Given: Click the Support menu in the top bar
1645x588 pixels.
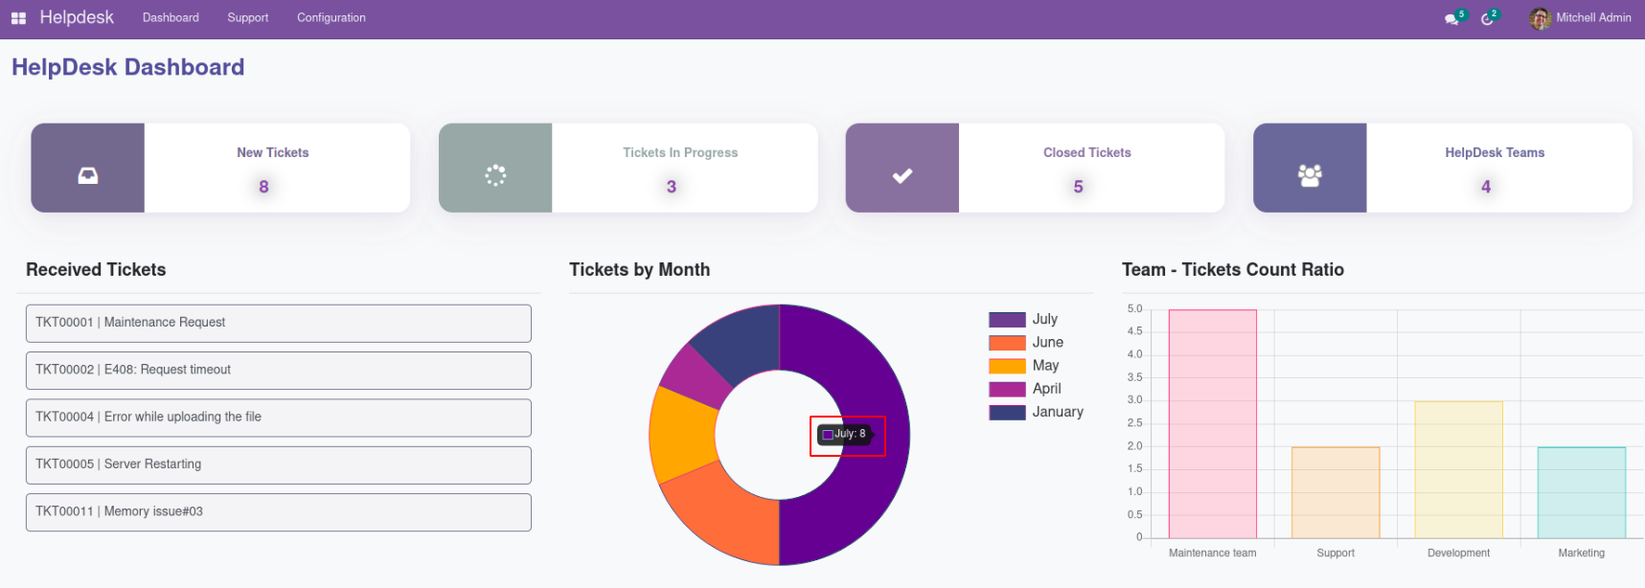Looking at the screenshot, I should coord(247,17).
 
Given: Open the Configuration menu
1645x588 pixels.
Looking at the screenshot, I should coord(331,17).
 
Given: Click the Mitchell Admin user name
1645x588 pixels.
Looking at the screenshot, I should coord(1592,17).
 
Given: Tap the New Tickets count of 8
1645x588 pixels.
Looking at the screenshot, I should coord(263,187).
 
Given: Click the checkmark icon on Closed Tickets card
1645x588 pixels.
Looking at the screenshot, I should coord(902,176).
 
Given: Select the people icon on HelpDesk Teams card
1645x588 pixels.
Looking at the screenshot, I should coord(1309,175).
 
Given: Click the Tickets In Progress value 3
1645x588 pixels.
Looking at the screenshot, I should coord(671,187).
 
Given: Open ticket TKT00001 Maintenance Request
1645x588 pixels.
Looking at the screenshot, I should coord(278,323).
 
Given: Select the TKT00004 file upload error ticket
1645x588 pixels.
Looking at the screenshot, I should coord(278,418).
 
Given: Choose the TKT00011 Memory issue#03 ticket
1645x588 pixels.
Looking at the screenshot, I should coord(278,511).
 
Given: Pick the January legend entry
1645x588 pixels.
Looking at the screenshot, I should coord(1036,412).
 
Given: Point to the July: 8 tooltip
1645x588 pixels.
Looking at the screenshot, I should coord(847,435).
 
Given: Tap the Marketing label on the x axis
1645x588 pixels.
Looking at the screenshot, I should coord(1581,553).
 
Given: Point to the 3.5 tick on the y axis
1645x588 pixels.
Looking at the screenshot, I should coord(1134,377).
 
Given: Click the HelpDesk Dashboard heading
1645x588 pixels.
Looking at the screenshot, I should coord(128,67).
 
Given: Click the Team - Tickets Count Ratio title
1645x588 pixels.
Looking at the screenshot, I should coord(1232,270).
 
